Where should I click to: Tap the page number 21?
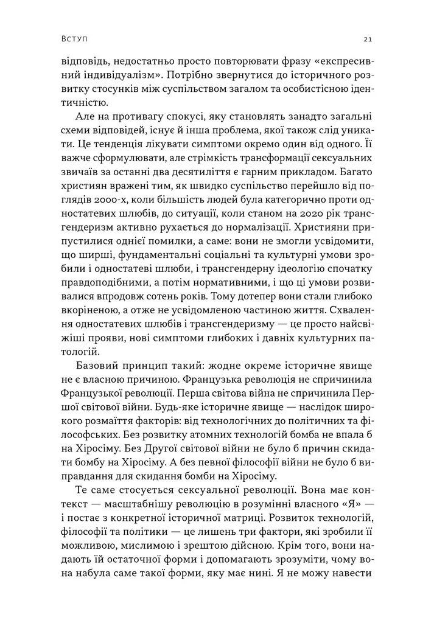point(367,39)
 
